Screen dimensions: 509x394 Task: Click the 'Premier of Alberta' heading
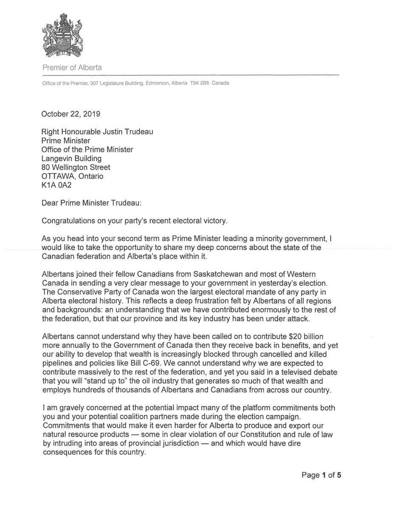[71, 67]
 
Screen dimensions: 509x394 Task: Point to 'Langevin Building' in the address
[71, 158]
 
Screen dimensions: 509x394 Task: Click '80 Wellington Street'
[76, 167]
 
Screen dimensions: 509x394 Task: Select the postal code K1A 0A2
[55, 185]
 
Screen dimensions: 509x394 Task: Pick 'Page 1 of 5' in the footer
[321, 475]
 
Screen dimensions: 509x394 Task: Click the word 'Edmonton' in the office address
[159, 83]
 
